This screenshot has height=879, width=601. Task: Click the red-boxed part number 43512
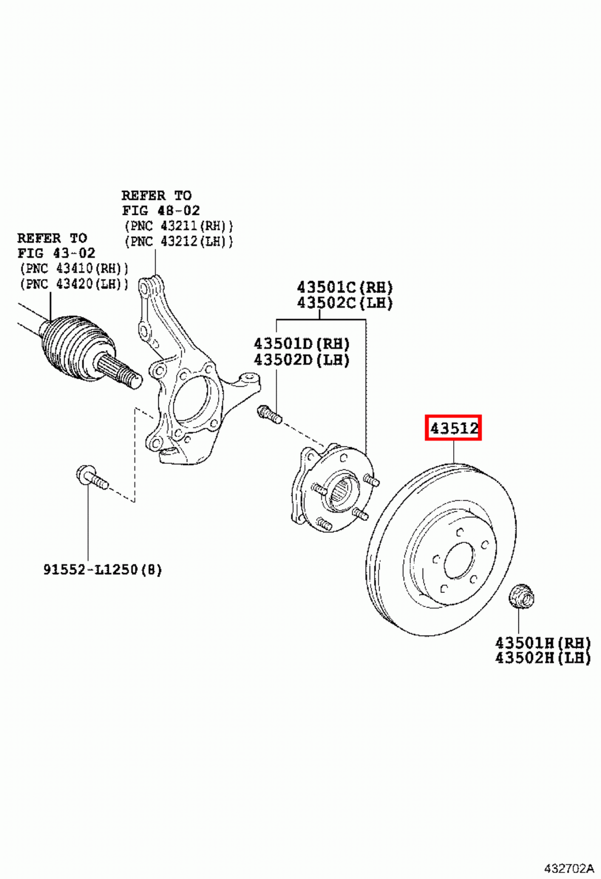tap(453, 427)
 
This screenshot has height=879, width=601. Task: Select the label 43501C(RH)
tap(344, 287)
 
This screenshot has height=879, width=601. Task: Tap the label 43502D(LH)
tap(301, 360)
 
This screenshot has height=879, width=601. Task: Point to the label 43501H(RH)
tap(542, 642)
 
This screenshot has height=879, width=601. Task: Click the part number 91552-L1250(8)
tap(103, 570)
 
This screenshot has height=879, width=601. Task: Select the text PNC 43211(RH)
tap(179, 226)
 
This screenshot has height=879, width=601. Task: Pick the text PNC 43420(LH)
tap(74, 283)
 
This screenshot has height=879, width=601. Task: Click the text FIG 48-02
tap(160, 210)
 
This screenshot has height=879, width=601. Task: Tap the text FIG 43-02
tap(56, 253)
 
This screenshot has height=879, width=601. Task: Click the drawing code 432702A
tap(569, 869)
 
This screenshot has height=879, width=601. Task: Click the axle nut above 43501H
tap(520, 597)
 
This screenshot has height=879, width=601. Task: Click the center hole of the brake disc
tap(459, 563)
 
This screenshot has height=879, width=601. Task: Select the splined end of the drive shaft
tap(124, 374)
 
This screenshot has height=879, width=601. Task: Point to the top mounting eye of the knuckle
tap(144, 285)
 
